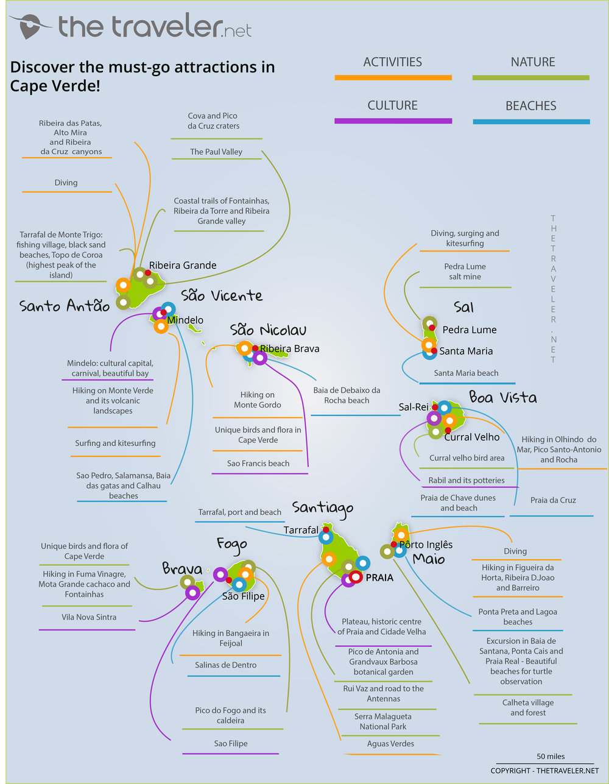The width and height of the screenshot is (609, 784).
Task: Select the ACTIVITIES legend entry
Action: click(392, 62)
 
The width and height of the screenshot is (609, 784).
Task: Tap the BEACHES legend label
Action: click(530, 106)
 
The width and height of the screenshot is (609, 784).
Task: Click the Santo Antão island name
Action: click(65, 306)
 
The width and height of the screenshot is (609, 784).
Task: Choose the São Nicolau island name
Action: click(268, 330)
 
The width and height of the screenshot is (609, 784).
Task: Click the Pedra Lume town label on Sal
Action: click(469, 330)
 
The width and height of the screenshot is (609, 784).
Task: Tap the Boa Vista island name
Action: click(502, 398)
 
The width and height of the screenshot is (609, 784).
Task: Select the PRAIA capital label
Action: click(379, 577)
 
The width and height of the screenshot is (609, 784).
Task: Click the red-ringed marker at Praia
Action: click(356, 576)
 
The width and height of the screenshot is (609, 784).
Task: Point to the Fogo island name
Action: click(231, 543)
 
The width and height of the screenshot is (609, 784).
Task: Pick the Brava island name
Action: click(181, 568)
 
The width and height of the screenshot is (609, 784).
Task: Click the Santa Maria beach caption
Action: click(466, 373)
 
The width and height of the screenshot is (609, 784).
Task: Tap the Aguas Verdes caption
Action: click(390, 744)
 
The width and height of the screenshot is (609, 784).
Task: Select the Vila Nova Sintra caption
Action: click(89, 617)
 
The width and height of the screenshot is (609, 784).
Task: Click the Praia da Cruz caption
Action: click(552, 500)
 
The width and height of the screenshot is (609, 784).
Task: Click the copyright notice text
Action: click(544, 771)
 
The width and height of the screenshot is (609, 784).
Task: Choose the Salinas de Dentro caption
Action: click(225, 665)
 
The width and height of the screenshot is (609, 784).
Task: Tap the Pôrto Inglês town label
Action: click(426, 545)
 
